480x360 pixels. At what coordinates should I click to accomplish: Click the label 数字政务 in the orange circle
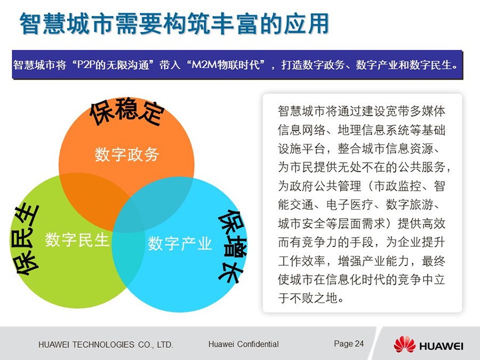[x=127, y=154]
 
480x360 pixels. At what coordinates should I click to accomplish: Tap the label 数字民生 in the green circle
[x=77, y=239]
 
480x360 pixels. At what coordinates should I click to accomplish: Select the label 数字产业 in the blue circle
[x=180, y=244]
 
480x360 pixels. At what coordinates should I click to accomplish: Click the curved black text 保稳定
[x=127, y=112]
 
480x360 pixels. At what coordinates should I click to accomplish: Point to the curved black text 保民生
[x=26, y=239]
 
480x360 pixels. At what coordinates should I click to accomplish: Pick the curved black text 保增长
[x=233, y=247]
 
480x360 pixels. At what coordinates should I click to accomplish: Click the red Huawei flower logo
[x=404, y=345]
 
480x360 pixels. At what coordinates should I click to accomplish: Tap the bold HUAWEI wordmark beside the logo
[x=441, y=346]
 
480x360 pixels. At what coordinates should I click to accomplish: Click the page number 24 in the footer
[x=359, y=344]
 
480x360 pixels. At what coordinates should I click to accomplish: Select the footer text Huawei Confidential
[x=243, y=344]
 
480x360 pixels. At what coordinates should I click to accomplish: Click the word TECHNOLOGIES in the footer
[x=103, y=345]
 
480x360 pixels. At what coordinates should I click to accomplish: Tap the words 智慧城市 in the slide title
[x=67, y=24]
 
